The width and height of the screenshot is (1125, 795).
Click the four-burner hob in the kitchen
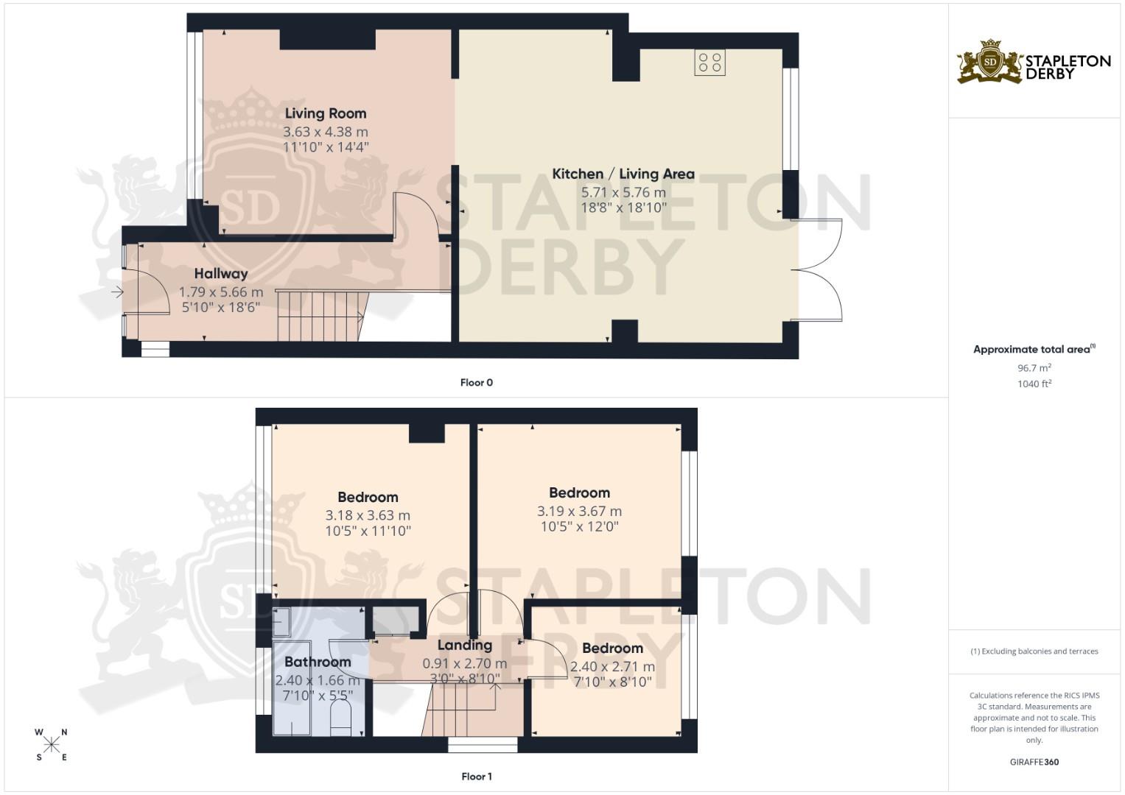coord(709,63)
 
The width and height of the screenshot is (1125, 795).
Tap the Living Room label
coord(326,113)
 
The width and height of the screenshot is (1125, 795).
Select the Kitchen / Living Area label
coord(623,174)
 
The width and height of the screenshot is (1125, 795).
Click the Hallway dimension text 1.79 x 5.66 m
coord(221,291)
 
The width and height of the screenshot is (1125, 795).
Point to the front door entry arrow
coord(117,293)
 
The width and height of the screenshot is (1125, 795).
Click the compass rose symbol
coord(52,744)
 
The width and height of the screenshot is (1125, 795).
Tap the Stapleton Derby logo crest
coord(990,62)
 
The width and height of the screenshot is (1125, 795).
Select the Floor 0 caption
coord(476,382)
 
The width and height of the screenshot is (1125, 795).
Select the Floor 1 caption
coord(476,776)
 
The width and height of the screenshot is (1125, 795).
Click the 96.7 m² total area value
coord(1034,367)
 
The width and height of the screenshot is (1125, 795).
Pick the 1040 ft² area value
coord(1034,384)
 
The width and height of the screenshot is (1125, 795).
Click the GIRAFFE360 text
coord(1034,762)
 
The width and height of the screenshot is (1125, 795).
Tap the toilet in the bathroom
coord(340,717)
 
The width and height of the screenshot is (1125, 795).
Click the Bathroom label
coord(318,661)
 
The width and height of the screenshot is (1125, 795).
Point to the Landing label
coord(464,645)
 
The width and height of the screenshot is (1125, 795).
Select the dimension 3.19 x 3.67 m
coord(579,511)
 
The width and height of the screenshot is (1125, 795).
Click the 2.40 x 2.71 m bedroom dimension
coord(612,666)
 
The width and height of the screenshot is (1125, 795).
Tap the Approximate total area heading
coord(1034,349)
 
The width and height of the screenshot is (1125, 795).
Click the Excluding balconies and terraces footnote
coord(1034,651)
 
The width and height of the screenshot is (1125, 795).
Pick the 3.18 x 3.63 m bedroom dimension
coord(368,515)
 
